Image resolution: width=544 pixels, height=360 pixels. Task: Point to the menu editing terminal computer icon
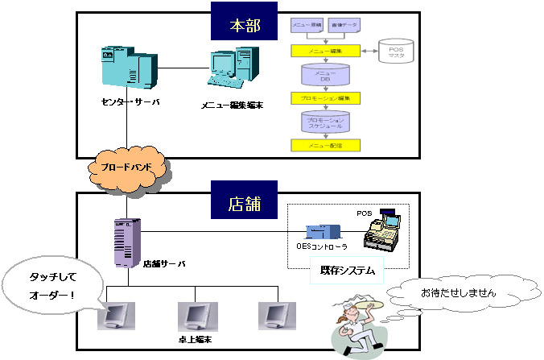coord(233,71)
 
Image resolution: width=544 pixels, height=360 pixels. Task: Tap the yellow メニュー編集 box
coord(325,51)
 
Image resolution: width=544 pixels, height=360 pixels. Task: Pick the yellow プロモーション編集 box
coord(325,97)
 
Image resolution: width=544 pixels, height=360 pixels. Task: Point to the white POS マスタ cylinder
coord(398,52)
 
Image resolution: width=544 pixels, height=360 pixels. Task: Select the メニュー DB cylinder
coord(325,75)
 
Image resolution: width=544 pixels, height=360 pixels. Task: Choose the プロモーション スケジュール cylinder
coord(325,121)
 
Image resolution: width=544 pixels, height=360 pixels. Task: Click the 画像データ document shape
coord(344,27)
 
